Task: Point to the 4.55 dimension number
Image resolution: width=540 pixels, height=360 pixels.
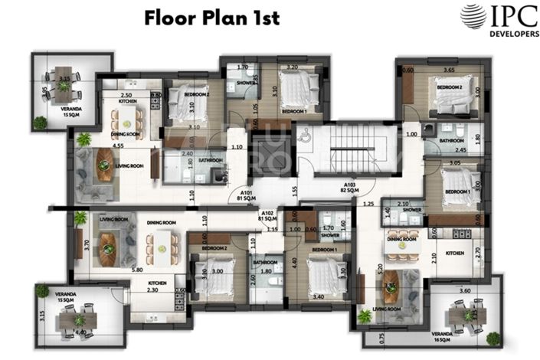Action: (97, 145)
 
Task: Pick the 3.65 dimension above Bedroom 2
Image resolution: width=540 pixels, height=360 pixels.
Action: (450, 70)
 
